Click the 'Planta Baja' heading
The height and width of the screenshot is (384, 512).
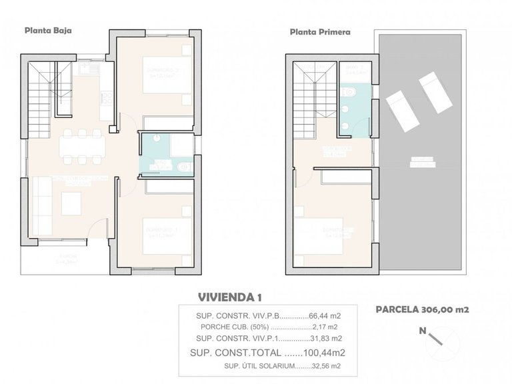(x=48, y=30)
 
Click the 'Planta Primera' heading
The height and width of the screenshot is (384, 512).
(x=320, y=31)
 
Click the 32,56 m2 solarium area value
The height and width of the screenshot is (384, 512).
(x=327, y=366)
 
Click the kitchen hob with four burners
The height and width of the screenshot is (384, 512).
(x=106, y=97)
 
